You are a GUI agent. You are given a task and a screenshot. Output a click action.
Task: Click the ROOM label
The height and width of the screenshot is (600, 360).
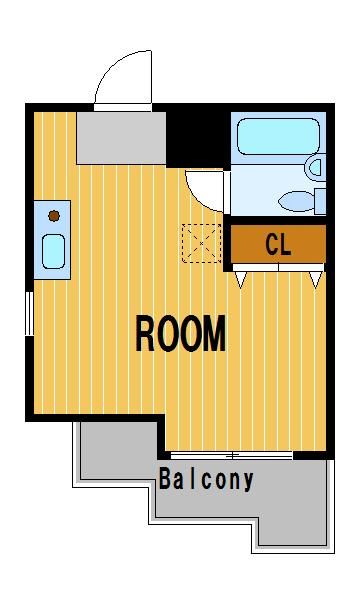(x=181, y=334)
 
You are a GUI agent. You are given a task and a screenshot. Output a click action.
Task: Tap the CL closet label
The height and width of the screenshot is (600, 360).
(x=278, y=244)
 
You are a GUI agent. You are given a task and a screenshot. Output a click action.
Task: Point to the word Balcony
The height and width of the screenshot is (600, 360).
(x=206, y=479)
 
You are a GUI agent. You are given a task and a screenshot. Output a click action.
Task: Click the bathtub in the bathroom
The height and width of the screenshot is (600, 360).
(x=279, y=136)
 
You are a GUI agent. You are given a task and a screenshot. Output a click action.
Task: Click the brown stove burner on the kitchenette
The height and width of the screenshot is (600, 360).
(x=54, y=216)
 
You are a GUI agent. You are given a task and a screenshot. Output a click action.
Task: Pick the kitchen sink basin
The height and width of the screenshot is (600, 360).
(x=53, y=251)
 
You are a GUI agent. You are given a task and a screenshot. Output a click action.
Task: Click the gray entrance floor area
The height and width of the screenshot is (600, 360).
(x=121, y=138)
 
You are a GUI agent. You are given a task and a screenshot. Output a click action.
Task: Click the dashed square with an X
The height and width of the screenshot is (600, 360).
(x=202, y=243)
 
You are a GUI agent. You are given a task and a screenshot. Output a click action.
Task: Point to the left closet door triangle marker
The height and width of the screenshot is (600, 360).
(x=240, y=279)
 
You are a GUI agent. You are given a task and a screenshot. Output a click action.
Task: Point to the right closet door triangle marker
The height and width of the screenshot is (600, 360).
(x=316, y=279)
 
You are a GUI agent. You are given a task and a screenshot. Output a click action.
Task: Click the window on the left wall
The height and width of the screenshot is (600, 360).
(x=29, y=313)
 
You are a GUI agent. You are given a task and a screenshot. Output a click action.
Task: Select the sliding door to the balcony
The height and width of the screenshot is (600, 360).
(x=231, y=455)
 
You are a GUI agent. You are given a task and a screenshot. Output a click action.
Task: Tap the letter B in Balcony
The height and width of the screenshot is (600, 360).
(x=165, y=478)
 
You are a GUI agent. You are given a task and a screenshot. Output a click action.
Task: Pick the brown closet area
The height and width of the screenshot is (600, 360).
(x=278, y=244)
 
